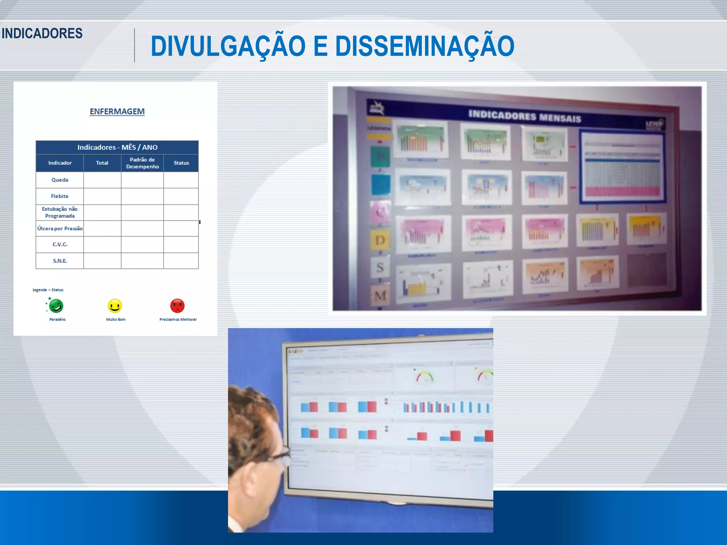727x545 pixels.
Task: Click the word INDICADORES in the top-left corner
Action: coord(42,33)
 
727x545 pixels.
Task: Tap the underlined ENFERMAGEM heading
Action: coord(117,111)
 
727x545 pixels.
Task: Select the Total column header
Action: coord(102,163)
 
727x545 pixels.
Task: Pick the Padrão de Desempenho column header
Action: coord(142,163)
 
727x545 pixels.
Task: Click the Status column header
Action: coord(181,163)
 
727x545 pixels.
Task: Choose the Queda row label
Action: coord(60,180)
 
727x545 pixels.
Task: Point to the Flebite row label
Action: coord(60,196)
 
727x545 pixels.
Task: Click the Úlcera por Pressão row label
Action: coord(60,229)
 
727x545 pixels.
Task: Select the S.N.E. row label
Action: coord(60,261)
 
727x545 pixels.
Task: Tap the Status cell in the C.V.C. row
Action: coord(181,244)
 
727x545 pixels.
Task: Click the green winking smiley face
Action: coord(56,305)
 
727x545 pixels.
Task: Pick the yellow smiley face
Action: coord(115,305)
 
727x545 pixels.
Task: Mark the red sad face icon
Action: coord(177,305)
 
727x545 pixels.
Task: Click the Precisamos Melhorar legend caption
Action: coord(178,319)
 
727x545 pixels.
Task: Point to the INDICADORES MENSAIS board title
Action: coord(524,116)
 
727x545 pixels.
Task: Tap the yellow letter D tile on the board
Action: coord(380,240)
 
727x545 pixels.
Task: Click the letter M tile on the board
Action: coord(380,295)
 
